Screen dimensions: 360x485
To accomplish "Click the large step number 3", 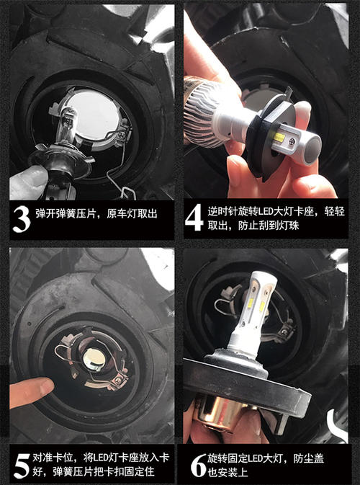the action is point(22,219).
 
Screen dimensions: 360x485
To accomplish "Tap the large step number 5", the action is point(22,466).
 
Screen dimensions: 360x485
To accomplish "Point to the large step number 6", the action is point(198,466).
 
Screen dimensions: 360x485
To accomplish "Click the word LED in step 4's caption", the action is point(266,212).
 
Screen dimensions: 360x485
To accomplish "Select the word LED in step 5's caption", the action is point(101,458).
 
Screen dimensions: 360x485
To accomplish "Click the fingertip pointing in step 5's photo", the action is point(31,391).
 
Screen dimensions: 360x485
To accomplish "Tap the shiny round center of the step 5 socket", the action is point(94,360).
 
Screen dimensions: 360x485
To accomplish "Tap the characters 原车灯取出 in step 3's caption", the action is point(132,214).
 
